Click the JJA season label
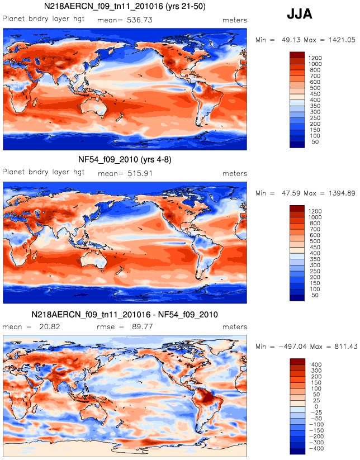(299, 14)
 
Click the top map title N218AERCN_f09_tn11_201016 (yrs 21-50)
(125, 6)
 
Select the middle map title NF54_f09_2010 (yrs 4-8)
(125, 160)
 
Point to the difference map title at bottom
(125, 315)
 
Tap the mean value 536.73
(140, 20)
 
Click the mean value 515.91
(140, 173)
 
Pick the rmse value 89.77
(143, 327)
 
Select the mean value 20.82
(50, 327)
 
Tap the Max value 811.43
(346, 347)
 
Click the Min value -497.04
(292, 347)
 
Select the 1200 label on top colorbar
(315, 58)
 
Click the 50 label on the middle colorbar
(315, 295)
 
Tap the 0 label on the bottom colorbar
(316, 406)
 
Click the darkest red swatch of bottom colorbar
(297, 362)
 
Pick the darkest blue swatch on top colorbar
(297, 145)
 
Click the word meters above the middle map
(235, 174)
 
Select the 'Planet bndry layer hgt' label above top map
(44, 19)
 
